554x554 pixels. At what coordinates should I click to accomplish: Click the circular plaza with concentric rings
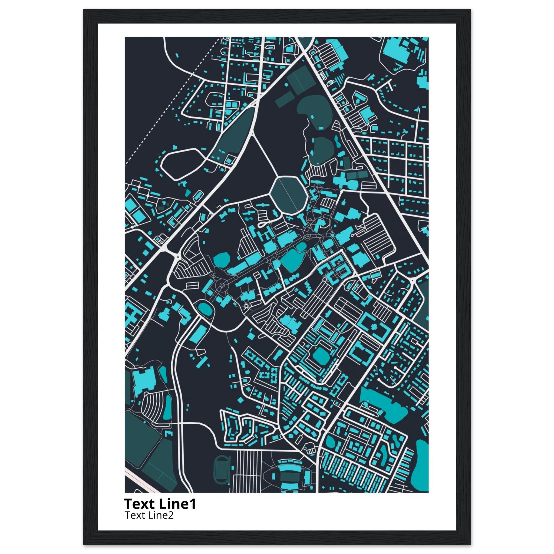point(222,285)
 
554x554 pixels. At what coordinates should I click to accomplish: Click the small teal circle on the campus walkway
point(332,235)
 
